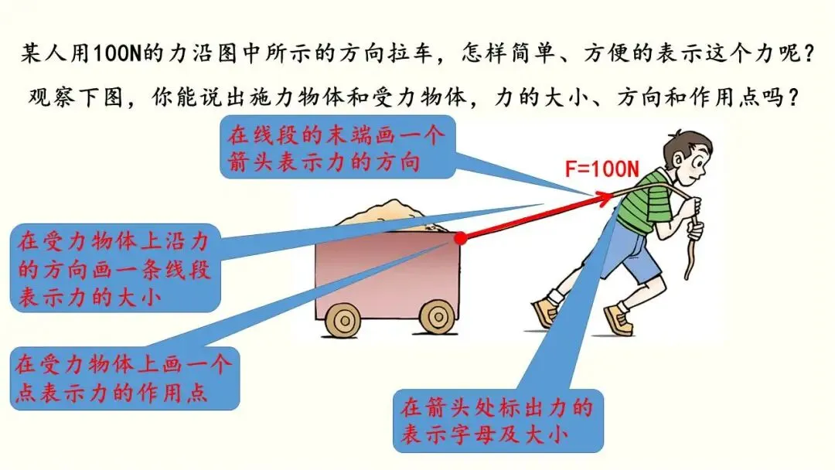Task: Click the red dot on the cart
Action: point(460,237)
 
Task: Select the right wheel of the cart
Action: point(437,316)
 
